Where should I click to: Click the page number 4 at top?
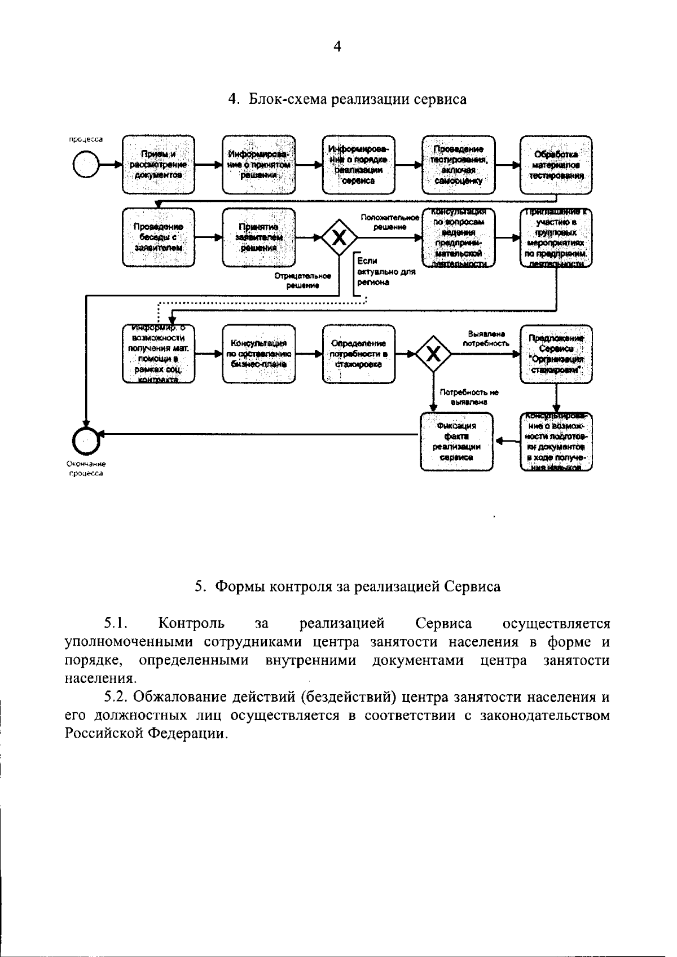[x=337, y=47]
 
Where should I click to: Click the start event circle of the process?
[x=85, y=165]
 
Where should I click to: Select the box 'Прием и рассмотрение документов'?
[x=159, y=165]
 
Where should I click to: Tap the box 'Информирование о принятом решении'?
[x=258, y=165]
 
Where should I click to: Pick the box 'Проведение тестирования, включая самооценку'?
[x=459, y=165]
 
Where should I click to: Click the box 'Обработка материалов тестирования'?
[x=556, y=165]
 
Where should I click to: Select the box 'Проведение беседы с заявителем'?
[x=159, y=237]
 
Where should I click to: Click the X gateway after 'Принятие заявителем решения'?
[x=339, y=237]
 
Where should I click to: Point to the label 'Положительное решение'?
[x=390, y=222]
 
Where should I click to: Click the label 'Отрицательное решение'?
[x=302, y=281]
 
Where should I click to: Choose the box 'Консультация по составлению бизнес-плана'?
[x=258, y=354]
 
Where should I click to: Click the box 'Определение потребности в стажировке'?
[x=359, y=354]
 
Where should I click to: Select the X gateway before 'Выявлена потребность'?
[x=433, y=354]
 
